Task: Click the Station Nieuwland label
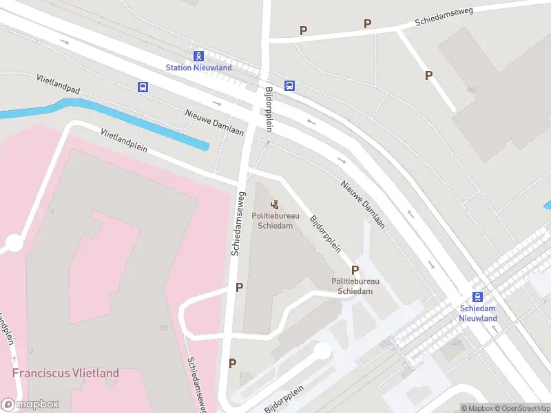(198, 67)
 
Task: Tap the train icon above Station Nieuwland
(198, 56)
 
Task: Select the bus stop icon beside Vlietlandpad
(143, 87)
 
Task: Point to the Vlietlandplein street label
(123, 141)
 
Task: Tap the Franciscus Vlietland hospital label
(65, 374)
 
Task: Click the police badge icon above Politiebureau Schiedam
(275, 204)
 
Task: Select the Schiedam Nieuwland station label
(478, 314)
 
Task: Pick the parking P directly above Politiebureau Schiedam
(355, 270)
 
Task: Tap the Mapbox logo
(30, 405)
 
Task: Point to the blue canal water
(138, 124)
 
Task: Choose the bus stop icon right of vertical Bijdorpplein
(290, 86)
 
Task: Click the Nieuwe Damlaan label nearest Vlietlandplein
(214, 122)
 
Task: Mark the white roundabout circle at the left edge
(14, 243)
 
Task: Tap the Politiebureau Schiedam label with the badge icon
(275, 220)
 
